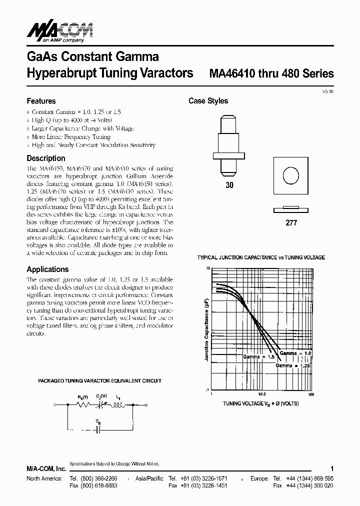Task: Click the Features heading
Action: [41, 101]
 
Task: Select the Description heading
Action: [46, 158]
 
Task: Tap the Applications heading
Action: [47, 269]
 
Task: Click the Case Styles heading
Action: [208, 101]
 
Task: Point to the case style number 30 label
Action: [230, 184]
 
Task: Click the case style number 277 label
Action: [291, 222]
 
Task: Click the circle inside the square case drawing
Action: [290, 175]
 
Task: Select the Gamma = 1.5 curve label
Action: [258, 357]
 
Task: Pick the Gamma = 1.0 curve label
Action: [295, 353]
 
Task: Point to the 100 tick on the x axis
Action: [310, 394]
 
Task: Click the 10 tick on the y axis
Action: [207, 268]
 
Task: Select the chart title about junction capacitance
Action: [261, 257]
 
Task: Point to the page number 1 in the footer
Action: [332, 468]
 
